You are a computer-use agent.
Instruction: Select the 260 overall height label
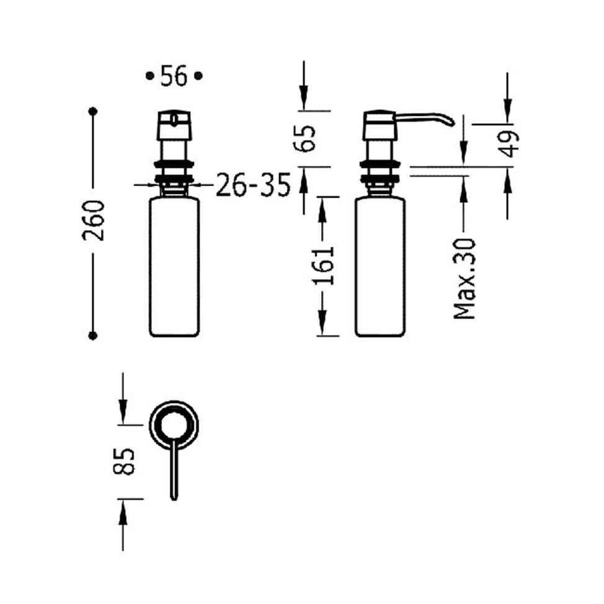(94, 221)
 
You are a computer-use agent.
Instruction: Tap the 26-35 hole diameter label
(254, 185)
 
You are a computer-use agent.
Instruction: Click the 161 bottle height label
(323, 265)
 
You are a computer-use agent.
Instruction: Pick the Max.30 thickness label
(464, 279)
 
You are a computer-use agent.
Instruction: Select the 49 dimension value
(509, 144)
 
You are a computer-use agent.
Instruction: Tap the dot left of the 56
(149, 76)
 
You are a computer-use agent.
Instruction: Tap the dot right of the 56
(198, 76)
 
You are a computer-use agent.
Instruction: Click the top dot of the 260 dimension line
(94, 112)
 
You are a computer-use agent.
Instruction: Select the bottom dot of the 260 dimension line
(94, 335)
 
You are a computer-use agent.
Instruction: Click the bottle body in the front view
(174, 267)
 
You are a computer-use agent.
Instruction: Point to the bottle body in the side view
(380, 267)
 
